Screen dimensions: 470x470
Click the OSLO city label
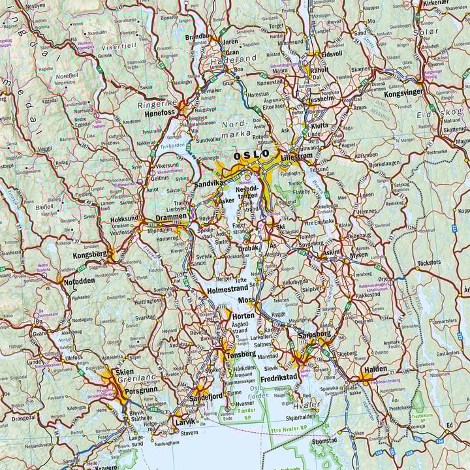click(251, 155)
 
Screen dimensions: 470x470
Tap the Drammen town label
click(171, 218)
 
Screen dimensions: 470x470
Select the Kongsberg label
click(89, 255)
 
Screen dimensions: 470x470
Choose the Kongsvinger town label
click(403, 93)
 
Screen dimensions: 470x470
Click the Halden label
click(376, 368)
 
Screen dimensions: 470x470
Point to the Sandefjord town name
click(206, 396)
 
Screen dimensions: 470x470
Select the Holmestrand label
click(227, 287)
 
